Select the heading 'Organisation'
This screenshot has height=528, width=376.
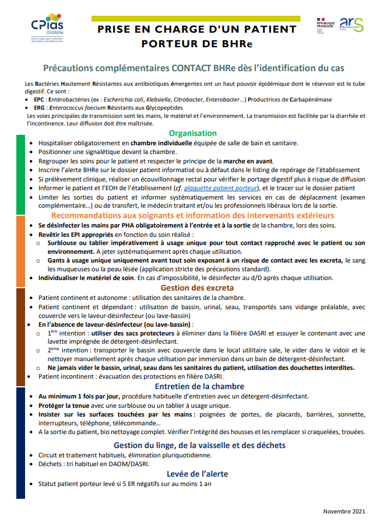coord(192,133)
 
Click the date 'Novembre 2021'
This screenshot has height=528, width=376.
coord(344,512)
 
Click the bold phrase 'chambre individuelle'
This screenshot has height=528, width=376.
coord(155,143)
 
